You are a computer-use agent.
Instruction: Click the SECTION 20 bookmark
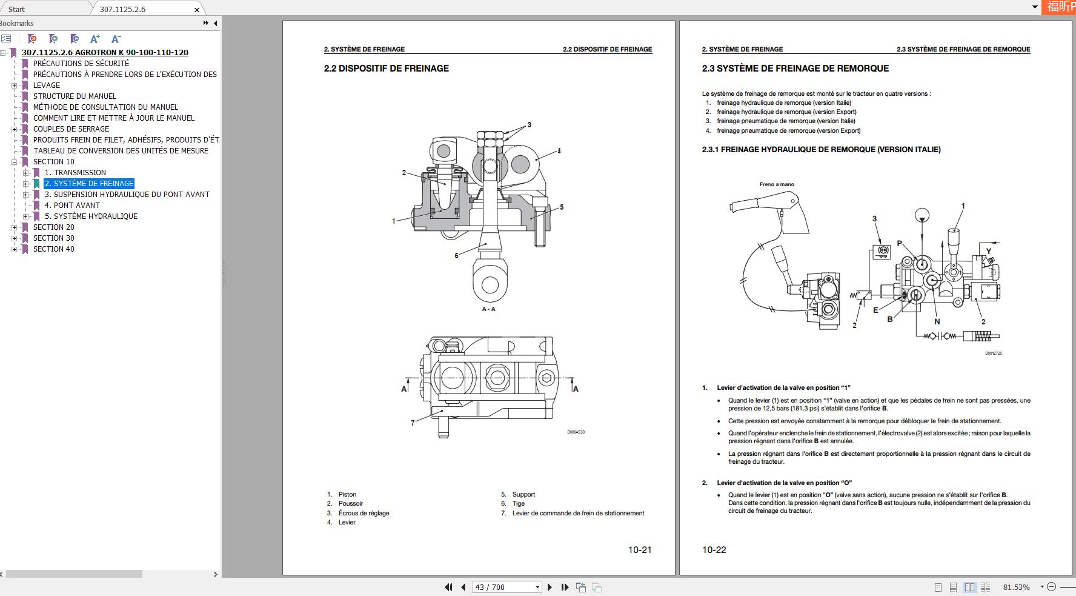tap(53, 227)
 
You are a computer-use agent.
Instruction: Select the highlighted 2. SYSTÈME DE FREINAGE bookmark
tap(89, 184)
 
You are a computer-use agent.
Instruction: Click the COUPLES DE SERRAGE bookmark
tap(71, 129)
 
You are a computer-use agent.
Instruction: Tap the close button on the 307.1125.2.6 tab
tap(197, 10)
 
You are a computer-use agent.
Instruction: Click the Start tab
tap(17, 10)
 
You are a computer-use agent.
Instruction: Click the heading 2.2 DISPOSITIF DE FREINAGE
tap(387, 69)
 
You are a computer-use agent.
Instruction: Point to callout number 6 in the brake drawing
tap(456, 256)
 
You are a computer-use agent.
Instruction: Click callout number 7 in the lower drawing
tap(413, 423)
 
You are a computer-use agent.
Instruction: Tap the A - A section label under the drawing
tap(488, 309)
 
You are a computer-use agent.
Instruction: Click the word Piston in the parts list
tap(347, 495)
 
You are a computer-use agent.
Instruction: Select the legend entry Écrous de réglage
tap(364, 514)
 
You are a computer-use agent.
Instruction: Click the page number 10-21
tap(639, 550)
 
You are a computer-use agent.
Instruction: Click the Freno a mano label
tap(777, 184)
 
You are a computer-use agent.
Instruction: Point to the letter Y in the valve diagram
tap(989, 251)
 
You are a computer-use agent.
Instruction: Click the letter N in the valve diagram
tap(937, 322)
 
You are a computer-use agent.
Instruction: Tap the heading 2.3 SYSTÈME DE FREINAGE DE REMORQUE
tap(795, 69)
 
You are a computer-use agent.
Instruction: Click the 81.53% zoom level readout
tap(1016, 587)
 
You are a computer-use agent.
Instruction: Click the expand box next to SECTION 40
tap(14, 249)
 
